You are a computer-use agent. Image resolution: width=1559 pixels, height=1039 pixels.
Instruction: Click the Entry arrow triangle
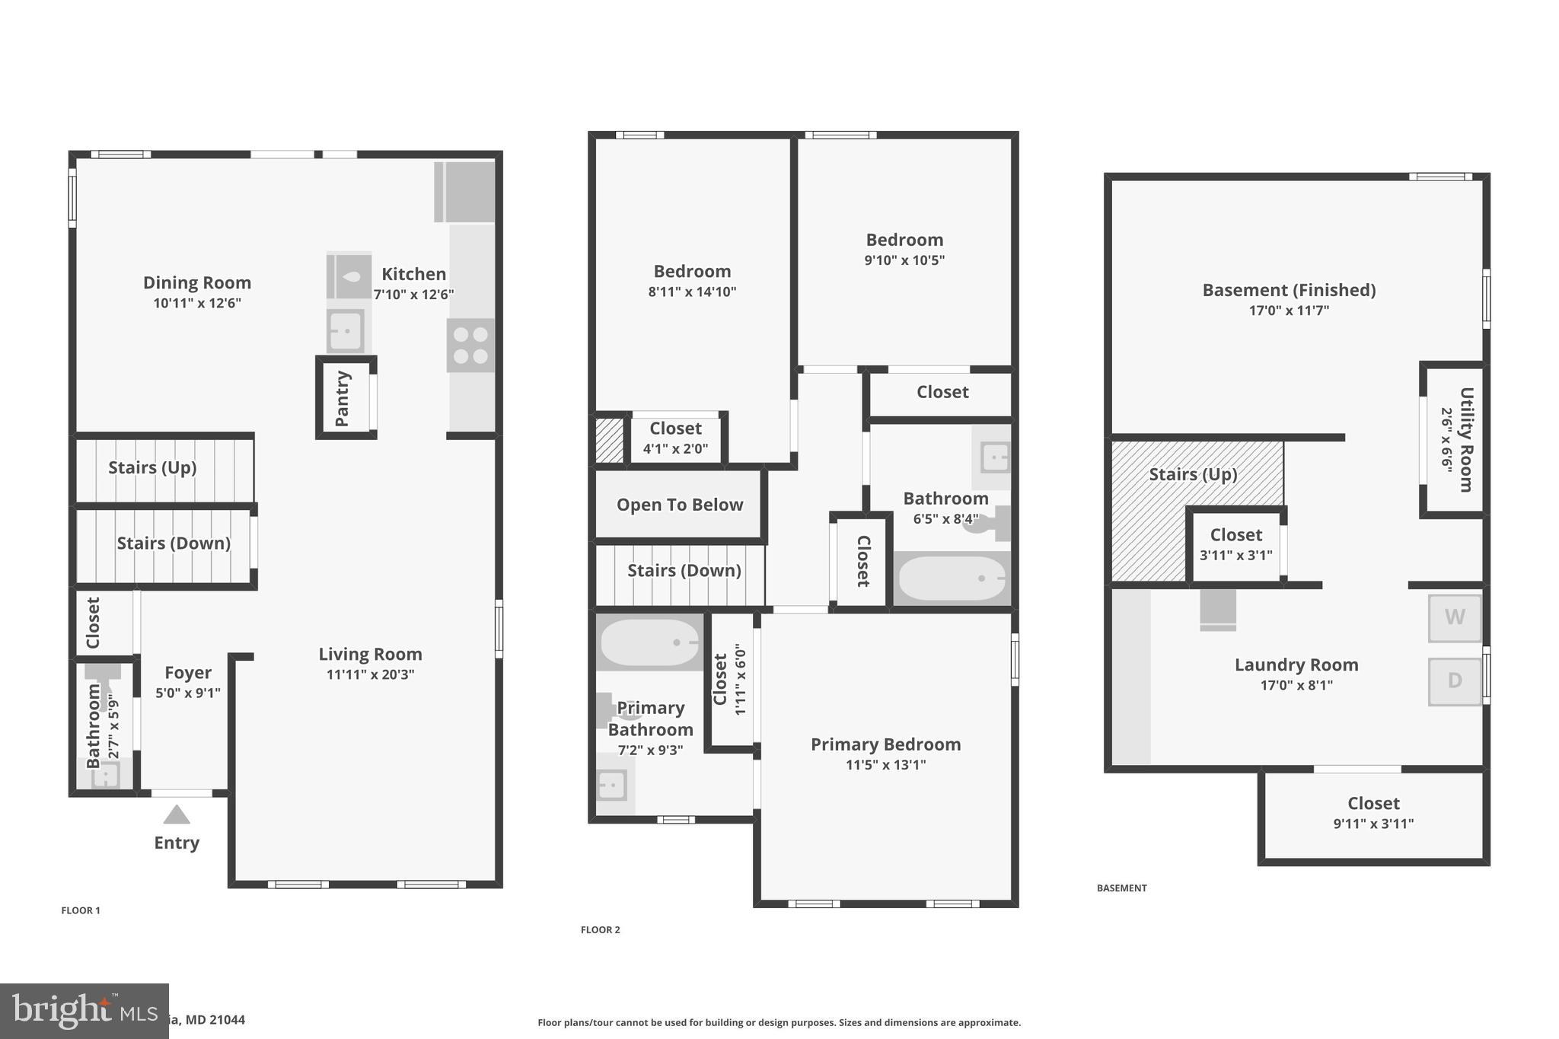177,815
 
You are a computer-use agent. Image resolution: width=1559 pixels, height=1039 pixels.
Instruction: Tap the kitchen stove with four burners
470,346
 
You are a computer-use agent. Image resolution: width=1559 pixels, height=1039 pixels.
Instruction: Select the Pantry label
343,398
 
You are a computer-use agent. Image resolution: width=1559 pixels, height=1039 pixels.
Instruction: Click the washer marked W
1454,617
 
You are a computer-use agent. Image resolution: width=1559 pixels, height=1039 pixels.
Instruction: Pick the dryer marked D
1454,680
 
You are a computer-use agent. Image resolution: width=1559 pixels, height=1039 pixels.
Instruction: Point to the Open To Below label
679,505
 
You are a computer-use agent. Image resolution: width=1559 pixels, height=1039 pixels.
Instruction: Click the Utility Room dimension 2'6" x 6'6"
1446,440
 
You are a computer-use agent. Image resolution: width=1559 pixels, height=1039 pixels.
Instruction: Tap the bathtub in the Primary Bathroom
649,643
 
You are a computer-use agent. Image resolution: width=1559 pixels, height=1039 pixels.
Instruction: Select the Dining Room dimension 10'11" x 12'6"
197,303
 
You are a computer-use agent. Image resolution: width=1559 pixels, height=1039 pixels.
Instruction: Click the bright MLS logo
84,1011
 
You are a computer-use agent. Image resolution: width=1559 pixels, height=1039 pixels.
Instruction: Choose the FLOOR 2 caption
600,929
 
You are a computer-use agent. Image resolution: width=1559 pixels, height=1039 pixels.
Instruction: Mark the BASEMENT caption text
1121,888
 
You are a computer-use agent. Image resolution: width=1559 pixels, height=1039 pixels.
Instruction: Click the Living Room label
370,654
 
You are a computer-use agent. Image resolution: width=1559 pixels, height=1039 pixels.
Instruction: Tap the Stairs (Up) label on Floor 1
152,467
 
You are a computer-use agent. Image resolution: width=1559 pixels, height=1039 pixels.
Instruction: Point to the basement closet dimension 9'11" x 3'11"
1373,824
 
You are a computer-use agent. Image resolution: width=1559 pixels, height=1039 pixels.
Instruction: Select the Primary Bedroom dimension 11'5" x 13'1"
885,765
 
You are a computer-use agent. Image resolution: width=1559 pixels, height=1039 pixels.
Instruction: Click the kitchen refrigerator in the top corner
464,192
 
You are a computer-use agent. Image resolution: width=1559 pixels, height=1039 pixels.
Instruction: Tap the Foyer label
188,673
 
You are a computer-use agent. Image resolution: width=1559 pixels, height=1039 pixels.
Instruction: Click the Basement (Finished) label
1289,290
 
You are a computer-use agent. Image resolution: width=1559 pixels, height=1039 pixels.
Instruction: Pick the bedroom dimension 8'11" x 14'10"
692,292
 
